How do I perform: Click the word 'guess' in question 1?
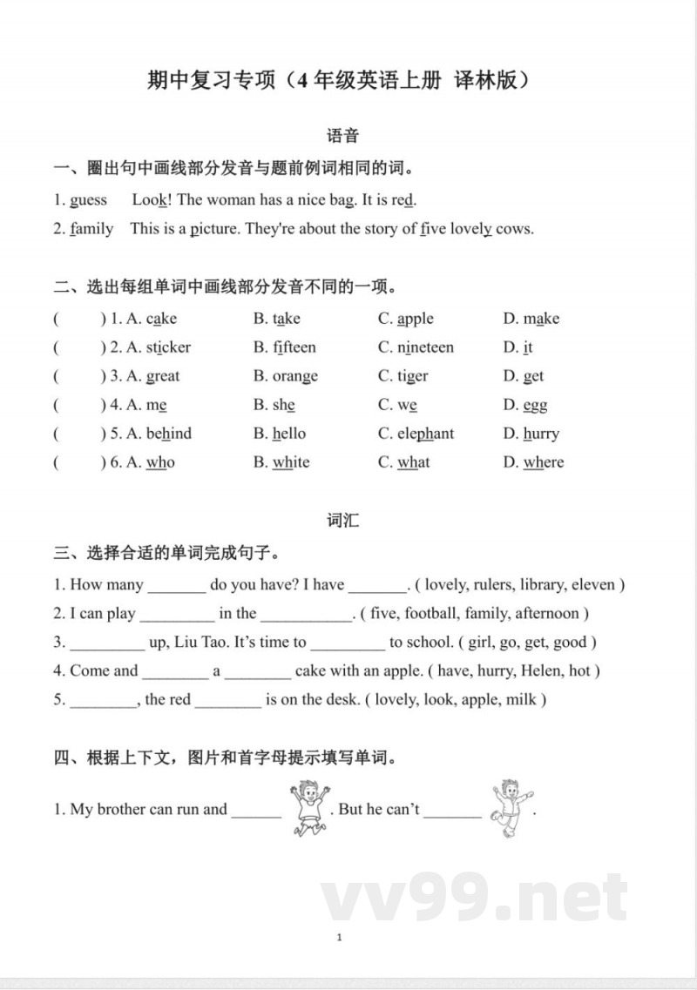88,200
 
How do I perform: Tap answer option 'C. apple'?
406,319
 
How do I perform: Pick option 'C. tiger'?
403,376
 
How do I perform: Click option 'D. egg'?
525,405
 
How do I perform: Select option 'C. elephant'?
416,434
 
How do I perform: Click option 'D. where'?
533,462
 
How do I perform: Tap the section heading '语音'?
342,136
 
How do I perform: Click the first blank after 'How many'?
177,586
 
